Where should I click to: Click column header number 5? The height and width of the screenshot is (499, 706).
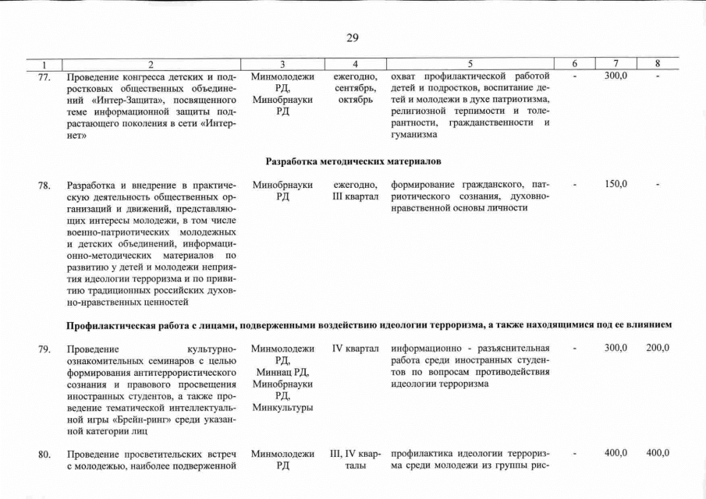[x=470, y=64]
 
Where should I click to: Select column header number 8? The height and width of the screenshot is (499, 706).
[x=657, y=64]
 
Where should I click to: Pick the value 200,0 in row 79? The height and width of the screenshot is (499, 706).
[x=658, y=348]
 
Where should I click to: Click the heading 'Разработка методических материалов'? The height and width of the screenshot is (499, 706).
[x=353, y=161]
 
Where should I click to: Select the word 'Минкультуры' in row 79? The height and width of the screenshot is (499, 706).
[x=282, y=408]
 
